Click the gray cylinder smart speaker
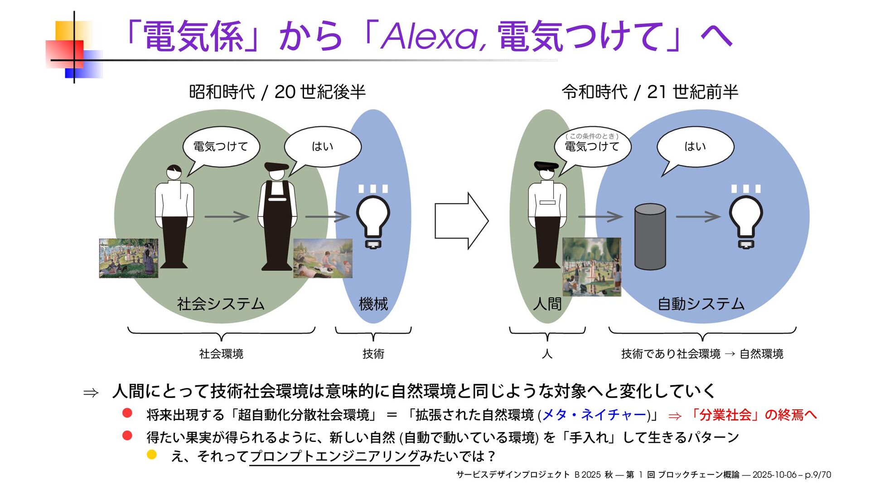(x=650, y=237)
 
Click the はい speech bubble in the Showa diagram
(x=323, y=146)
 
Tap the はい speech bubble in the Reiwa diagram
(x=695, y=146)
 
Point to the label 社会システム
(x=221, y=304)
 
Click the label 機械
(x=373, y=304)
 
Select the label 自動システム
(x=701, y=304)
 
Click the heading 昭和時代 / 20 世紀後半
(x=277, y=92)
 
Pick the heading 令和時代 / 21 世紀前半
(x=650, y=92)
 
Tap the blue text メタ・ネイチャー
(x=594, y=415)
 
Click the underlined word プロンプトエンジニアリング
(x=334, y=456)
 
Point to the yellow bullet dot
(x=152, y=455)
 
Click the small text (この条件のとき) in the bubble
(x=592, y=136)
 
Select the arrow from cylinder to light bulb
(x=698, y=217)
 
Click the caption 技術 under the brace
(x=373, y=354)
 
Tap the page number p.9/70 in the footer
(x=818, y=475)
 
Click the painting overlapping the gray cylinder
(x=592, y=267)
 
